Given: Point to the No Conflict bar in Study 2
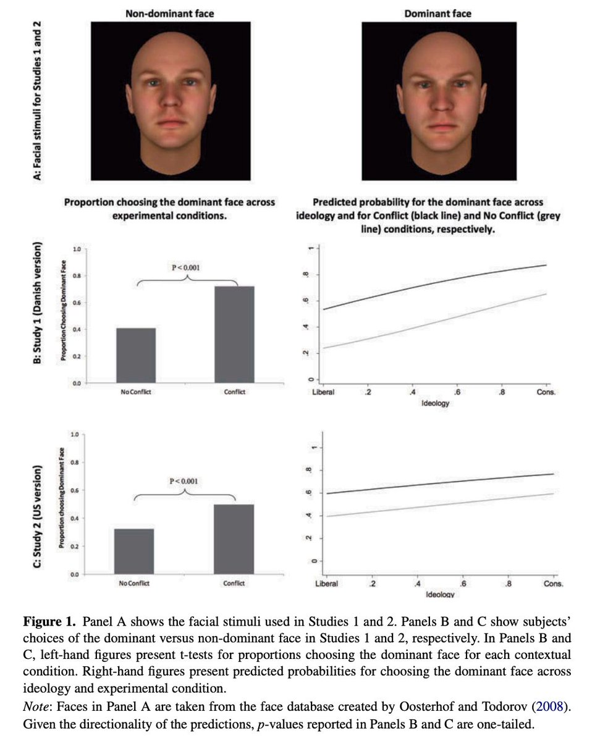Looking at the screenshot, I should pyautogui.click(x=134, y=551).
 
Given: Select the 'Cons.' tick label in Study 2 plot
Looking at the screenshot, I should pyautogui.click(x=554, y=584).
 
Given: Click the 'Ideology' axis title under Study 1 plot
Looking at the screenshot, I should pyautogui.click(x=436, y=403).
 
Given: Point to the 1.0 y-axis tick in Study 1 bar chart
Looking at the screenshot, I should pyautogui.click(x=77, y=249).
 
